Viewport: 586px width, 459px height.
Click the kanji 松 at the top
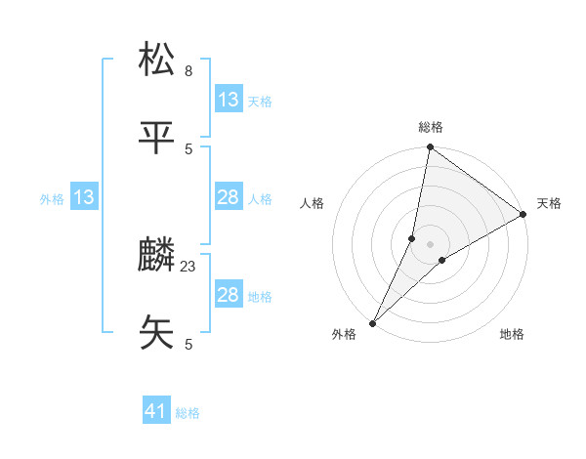[157, 60]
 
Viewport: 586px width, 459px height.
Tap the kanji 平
[157, 138]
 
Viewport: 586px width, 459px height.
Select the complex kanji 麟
[157, 256]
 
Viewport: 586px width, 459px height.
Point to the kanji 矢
[157, 333]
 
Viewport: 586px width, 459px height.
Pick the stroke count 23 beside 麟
[188, 266]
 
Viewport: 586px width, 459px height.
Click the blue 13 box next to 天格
[229, 100]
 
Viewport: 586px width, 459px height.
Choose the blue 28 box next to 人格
[229, 197]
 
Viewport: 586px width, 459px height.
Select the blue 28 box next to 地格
[229, 295]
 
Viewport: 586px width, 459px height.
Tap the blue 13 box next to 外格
[84, 197]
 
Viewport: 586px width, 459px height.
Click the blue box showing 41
[156, 411]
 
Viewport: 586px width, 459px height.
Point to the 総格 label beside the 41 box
[188, 413]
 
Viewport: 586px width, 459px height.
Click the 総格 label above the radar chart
[431, 127]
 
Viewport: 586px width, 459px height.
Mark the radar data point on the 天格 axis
[523, 214]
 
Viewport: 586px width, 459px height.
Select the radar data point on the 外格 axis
[373, 322]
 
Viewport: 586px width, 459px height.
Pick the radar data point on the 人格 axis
[412, 237]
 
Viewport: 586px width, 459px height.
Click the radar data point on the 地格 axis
[442, 260]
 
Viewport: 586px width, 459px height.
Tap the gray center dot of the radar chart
[431, 244]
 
